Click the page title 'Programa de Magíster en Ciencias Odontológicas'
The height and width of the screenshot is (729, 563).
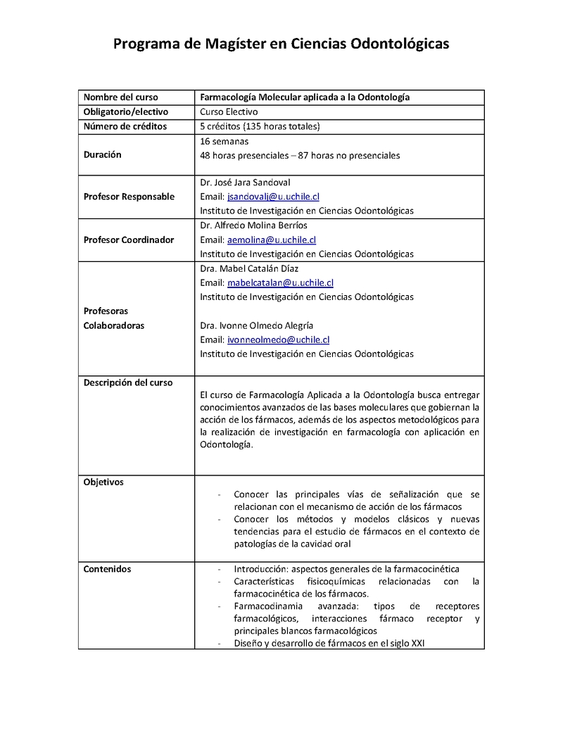pyautogui.click(x=281, y=44)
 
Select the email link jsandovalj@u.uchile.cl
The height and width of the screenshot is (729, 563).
pyautogui.click(x=273, y=197)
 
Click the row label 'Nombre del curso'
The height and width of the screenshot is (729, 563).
pyautogui.click(x=121, y=97)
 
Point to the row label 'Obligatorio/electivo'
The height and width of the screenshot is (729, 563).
pyautogui.click(x=126, y=112)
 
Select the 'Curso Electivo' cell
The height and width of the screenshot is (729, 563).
pyautogui.click(x=229, y=112)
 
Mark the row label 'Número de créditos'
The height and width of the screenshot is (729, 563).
pyautogui.click(x=125, y=127)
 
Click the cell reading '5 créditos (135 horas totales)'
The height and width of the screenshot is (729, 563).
pyautogui.click(x=260, y=127)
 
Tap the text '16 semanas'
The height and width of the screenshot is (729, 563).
pyautogui.click(x=224, y=141)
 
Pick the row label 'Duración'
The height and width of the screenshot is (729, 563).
pyautogui.click(x=103, y=155)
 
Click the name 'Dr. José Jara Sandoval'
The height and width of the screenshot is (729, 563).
pyautogui.click(x=245, y=182)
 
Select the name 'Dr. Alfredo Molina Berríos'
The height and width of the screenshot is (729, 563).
pyautogui.click(x=253, y=225)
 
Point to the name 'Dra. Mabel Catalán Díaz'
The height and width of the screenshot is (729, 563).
pyautogui.click(x=248, y=268)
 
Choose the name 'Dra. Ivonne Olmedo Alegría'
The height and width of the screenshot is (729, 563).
pyautogui.click(x=256, y=325)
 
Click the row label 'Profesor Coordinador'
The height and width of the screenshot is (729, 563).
pyautogui.click(x=129, y=239)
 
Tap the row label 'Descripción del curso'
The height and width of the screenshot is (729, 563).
pyautogui.click(x=128, y=382)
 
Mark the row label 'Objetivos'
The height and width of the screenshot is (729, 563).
pyautogui.click(x=103, y=482)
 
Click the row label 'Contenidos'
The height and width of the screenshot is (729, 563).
pyautogui.click(x=107, y=569)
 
